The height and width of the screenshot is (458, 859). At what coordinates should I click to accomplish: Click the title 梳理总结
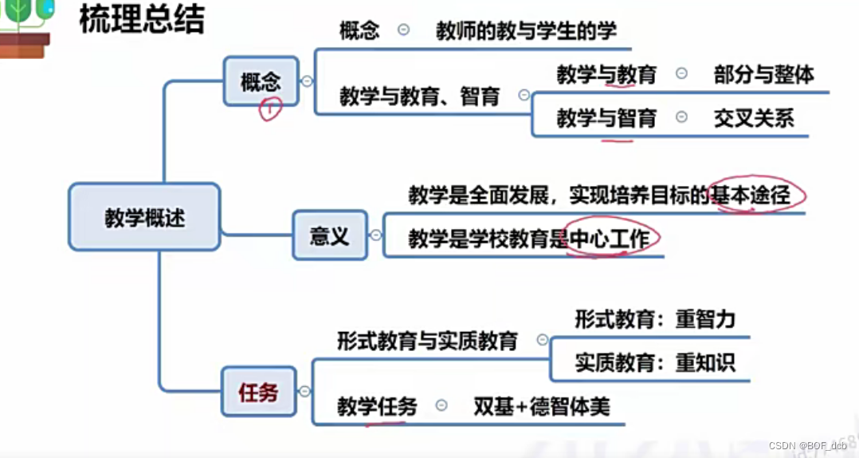pyautogui.click(x=142, y=19)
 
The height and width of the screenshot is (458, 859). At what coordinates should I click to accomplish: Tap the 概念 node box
pyautogui.click(x=261, y=81)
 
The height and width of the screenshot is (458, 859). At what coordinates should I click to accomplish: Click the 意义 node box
pyautogui.click(x=329, y=235)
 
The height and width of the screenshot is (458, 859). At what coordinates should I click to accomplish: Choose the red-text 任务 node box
pyautogui.click(x=258, y=392)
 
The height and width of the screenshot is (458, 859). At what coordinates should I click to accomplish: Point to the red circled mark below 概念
pyautogui.click(x=270, y=110)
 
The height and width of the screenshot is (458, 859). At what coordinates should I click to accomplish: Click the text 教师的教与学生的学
pyautogui.click(x=526, y=31)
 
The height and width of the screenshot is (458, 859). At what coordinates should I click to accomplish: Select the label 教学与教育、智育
pyautogui.click(x=419, y=97)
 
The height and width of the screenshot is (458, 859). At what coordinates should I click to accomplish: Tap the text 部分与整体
pyautogui.click(x=763, y=74)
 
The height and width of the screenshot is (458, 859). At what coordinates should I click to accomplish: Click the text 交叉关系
pyautogui.click(x=754, y=118)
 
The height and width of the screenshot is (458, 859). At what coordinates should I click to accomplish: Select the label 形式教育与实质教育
pyautogui.click(x=427, y=341)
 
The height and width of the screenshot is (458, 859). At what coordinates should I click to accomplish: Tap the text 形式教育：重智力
pyautogui.click(x=655, y=320)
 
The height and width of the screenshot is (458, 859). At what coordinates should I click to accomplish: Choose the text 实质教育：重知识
pyautogui.click(x=655, y=363)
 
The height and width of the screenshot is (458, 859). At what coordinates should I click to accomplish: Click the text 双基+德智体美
pyautogui.click(x=541, y=406)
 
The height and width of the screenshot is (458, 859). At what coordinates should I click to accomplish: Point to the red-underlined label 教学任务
pyautogui.click(x=377, y=406)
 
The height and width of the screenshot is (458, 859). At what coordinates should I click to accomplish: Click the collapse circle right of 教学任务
pyautogui.click(x=441, y=405)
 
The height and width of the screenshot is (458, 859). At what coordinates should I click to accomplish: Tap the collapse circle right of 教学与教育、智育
pyautogui.click(x=524, y=95)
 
